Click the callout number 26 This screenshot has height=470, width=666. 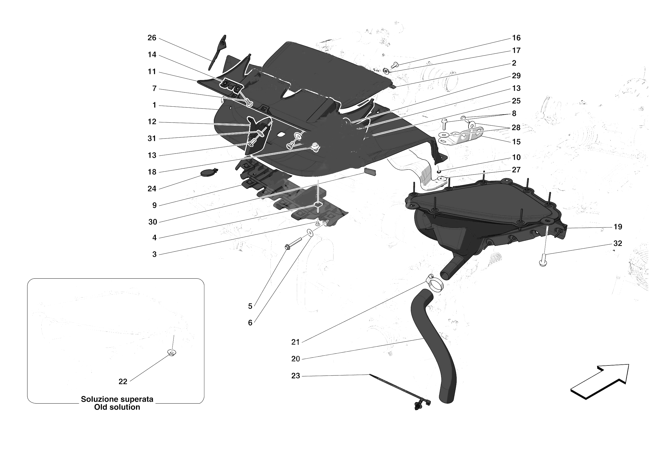coord(152,38)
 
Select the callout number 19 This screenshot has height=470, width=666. coord(617,227)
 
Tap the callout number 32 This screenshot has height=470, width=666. coord(617,243)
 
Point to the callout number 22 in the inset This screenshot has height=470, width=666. coord(123,382)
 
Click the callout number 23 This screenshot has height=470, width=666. coord(295,376)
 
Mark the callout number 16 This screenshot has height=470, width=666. coord(516,38)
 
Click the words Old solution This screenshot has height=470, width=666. coord(117,407)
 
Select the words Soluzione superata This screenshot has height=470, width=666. coord(117,399)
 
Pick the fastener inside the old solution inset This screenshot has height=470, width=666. coord(172,353)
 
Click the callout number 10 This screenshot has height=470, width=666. coord(516,157)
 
